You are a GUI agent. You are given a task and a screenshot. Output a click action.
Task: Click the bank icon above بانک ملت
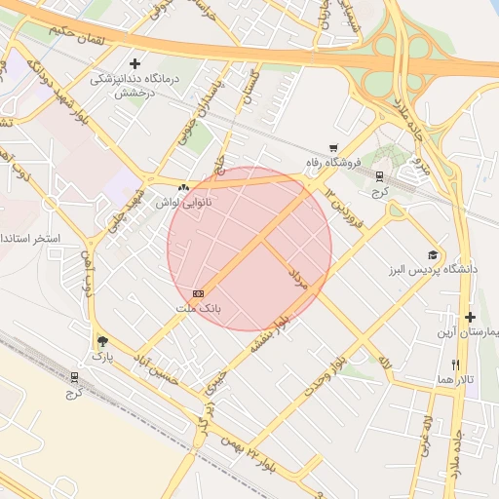[x=198, y=292]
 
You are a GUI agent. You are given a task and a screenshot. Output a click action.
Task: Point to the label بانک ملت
[x=198, y=308]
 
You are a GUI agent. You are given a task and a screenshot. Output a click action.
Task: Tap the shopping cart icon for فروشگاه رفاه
[x=334, y=147]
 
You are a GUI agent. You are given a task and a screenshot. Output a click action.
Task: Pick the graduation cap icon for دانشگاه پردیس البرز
[x=433, y=252]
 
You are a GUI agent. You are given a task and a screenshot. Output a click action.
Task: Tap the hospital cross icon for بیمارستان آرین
[x=471, y=317]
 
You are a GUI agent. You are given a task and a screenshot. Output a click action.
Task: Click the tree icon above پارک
[x=103, y=341]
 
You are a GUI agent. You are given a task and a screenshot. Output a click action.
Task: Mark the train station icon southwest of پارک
[x=75, y=376]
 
